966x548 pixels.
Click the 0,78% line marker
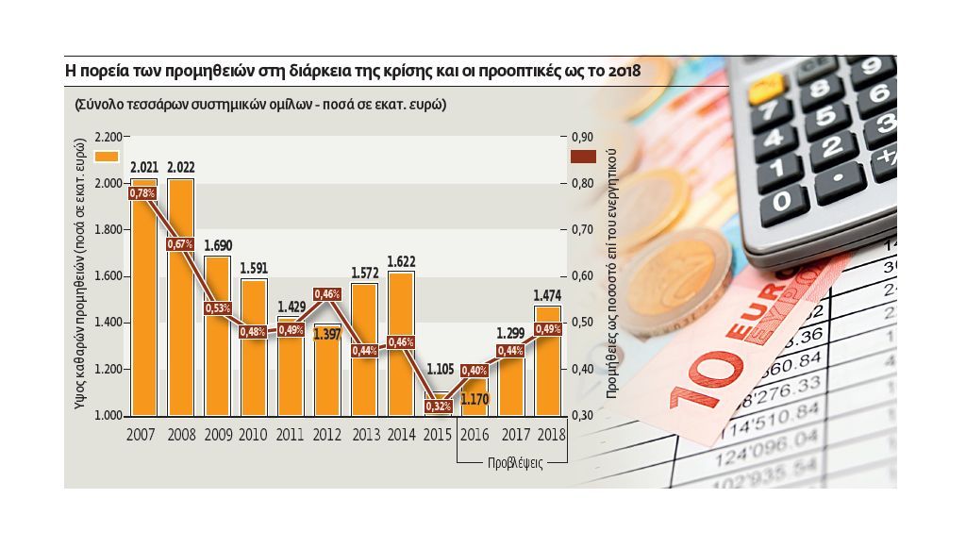pyautogui.click(x=143, y=193)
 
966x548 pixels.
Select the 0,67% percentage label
pyautogui.click(x=181, y=244)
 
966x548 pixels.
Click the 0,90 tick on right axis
pyautogui.click(x=584, y=137)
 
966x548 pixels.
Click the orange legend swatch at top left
pyautogui.click(x=107, y=158)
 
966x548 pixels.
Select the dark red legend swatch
pyautogui.click(x=585, y=158)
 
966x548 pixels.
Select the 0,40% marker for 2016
pyautogui.click(x=475, y=370)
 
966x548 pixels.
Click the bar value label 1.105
pyautogui.click(x=439, y=369)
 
